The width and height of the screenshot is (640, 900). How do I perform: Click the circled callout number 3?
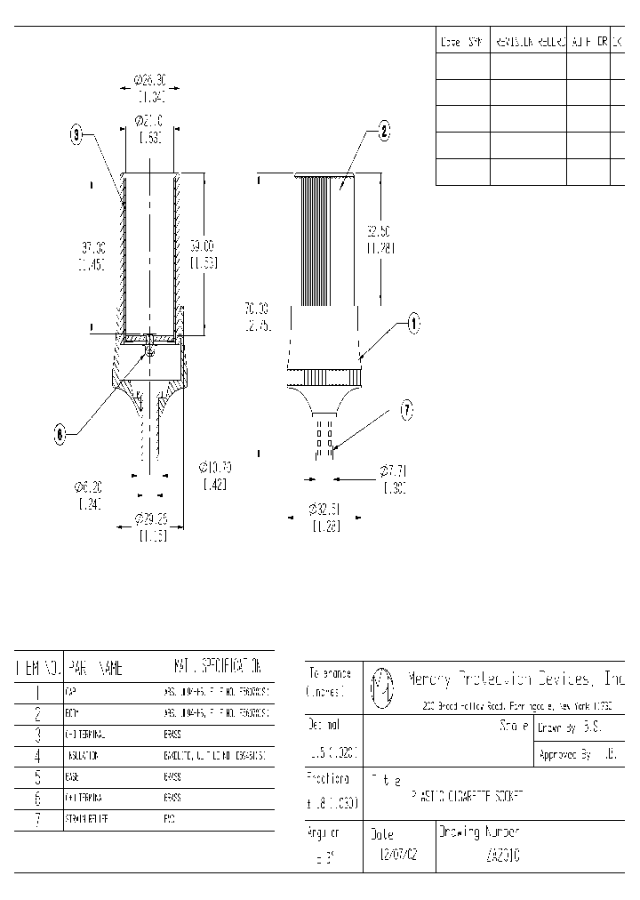[77, 136]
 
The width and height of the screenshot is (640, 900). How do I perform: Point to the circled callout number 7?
[406, 410]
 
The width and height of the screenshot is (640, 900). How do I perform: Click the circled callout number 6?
[60, 434]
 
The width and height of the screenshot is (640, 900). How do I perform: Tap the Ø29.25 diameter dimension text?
[151, 519]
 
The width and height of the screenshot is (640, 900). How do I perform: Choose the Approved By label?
[566, 755]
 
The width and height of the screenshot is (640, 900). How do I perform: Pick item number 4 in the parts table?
[38, 755]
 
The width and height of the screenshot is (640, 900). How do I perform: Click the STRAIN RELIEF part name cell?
[86, 817]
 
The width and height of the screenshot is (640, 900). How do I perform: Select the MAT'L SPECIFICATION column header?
[217, 666]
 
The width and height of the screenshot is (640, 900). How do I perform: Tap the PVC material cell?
[169, 817]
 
